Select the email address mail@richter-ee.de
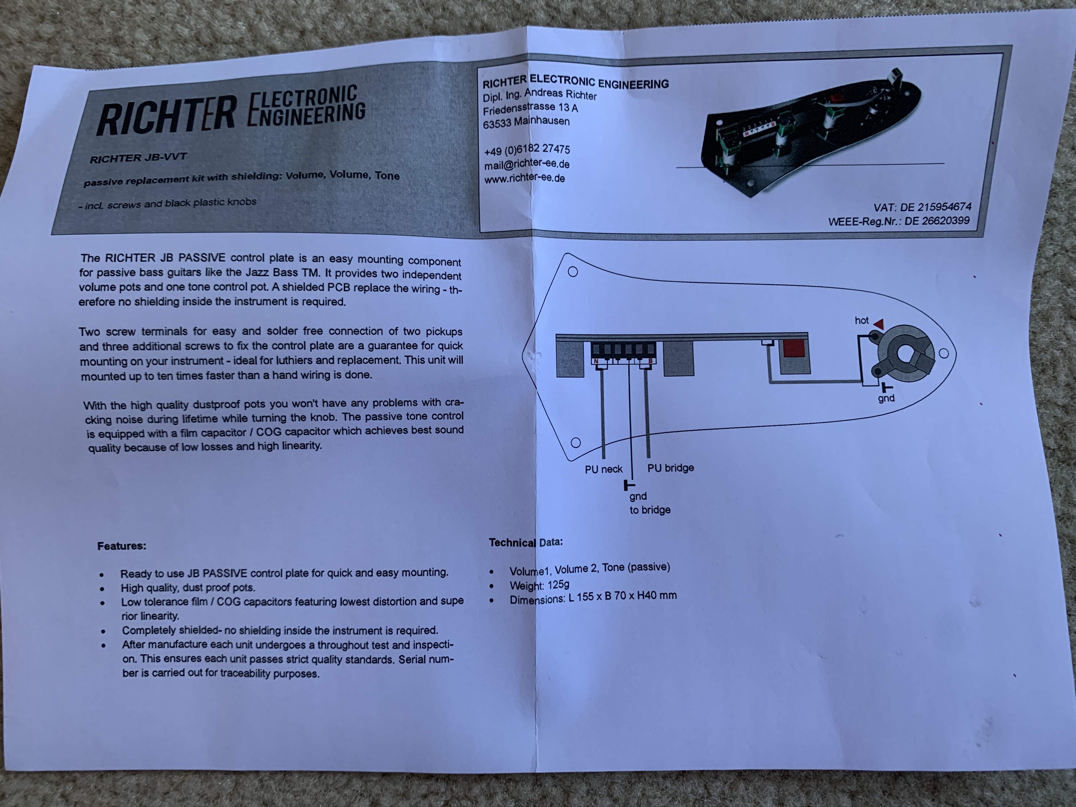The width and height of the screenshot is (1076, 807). (x=527, y=163)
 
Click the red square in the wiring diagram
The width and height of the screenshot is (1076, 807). (x=793, y=348)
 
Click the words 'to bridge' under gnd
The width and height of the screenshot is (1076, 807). (x=650, y=510)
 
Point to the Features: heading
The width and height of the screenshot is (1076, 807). (x=122, y=546)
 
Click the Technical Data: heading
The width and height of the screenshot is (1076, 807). (x=526, y=542)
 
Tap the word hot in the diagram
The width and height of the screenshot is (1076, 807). (x=861, y=321)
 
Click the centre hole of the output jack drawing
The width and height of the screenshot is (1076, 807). (x=905, y=355)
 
